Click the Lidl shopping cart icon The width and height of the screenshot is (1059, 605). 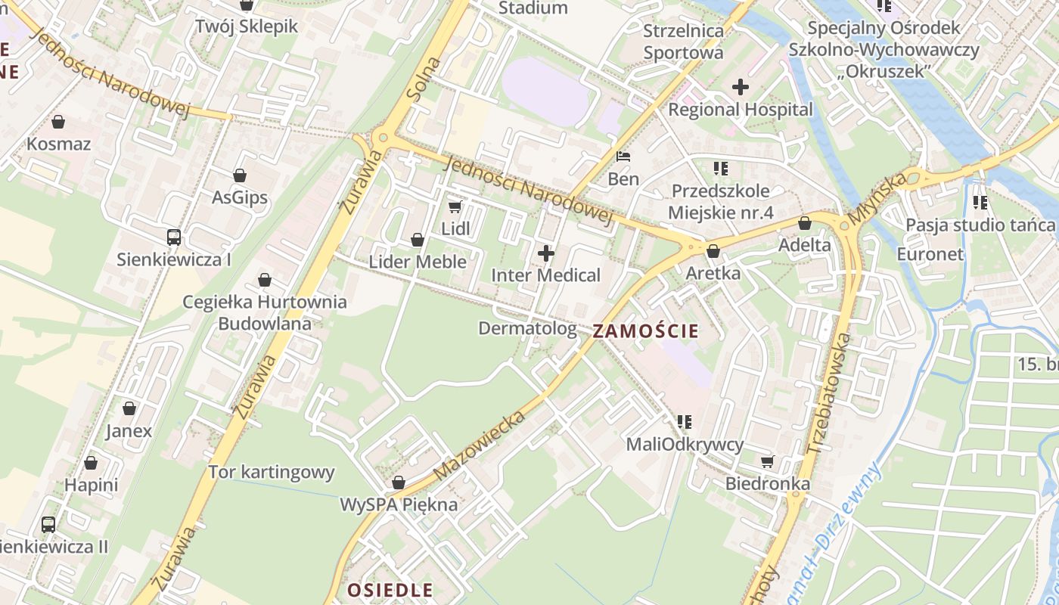tap(455, 206)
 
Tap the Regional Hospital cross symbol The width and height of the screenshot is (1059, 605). tap(741, 87)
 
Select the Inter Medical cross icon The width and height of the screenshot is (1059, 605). tap(545, 253)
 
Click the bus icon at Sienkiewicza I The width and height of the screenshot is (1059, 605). tap(174, 237)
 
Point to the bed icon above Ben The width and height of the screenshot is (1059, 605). tap(623, 157)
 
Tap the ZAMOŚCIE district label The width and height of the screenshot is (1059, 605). tap(645, 330)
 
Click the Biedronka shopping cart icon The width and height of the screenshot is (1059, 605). tap(768, 461)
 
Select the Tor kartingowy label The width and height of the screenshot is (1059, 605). tap(272, 473)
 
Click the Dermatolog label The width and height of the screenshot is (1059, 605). tap(527, 328)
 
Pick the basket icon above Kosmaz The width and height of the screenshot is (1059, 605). tap(58, 122)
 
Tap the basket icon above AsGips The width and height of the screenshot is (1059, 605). tap(240, 175)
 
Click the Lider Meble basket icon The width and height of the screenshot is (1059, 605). tap(417, 240)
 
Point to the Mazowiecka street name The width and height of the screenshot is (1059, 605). tap(480, 445)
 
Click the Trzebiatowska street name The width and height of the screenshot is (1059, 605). tap(829, 394)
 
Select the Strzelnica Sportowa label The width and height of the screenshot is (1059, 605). tap(683, 42)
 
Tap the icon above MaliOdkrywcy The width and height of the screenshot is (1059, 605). tap(685, 422)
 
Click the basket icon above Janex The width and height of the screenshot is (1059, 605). tap(129, 409)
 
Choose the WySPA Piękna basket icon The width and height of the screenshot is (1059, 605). tap(399, 482)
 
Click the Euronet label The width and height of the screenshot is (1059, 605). tap(930, 254)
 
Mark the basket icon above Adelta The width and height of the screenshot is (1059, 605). tap(805, 223)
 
